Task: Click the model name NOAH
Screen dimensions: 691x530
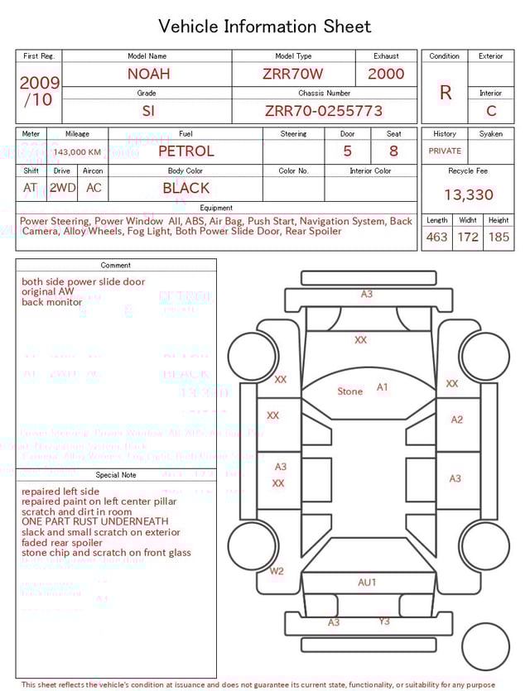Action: [148, 74]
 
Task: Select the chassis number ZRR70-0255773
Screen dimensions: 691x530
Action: [324, 110]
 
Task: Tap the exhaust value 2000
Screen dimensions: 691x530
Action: [386, 74]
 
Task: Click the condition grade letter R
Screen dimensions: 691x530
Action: [445, 93]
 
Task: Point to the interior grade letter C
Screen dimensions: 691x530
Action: [491, 110]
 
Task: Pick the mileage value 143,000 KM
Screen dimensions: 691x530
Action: [78, 151]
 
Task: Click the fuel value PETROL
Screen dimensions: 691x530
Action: [185, 151]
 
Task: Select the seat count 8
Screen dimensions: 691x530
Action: [393, 151]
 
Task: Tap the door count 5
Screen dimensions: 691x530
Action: [348, 151]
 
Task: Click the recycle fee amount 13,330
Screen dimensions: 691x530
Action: [468, 195]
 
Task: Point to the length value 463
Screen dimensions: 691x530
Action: [436, 237]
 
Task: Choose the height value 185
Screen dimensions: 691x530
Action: [499, 237]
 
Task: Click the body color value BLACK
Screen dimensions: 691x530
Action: [185, 188]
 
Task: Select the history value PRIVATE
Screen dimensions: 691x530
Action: [445, 151]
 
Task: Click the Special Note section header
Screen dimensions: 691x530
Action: [116, 475]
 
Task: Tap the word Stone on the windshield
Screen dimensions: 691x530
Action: [349, 391]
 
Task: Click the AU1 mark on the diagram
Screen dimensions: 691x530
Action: [367, 583]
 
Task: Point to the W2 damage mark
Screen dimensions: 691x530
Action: [277, 571]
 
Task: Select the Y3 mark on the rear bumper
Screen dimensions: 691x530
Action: [384, 621]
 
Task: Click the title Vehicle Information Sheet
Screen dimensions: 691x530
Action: [265, 26]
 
